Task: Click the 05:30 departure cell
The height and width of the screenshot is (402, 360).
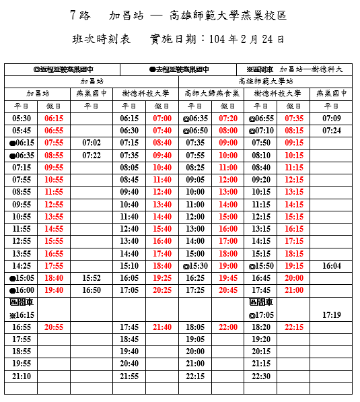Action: coord(22,119)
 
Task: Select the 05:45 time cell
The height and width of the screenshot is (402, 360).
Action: coord(22,131)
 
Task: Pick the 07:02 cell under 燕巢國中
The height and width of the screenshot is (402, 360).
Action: coord(92,143)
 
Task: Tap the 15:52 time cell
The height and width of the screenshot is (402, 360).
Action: coord(92,277)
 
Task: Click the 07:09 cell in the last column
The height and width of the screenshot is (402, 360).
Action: coord(331,119)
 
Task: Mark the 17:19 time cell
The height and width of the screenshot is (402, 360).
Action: coord(331,314)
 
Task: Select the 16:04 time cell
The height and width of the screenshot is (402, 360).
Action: coord(331,265)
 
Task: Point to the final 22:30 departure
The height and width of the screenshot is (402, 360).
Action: coord(261,376)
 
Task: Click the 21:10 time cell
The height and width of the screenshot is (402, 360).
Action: coord(22,376)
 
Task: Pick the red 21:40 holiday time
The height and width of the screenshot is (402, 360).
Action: coord(162,327)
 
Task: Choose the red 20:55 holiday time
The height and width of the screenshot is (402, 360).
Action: coord(54,327)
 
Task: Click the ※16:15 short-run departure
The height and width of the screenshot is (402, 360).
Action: coord(22,314)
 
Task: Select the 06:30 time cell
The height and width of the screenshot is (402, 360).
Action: coord(129,131)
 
